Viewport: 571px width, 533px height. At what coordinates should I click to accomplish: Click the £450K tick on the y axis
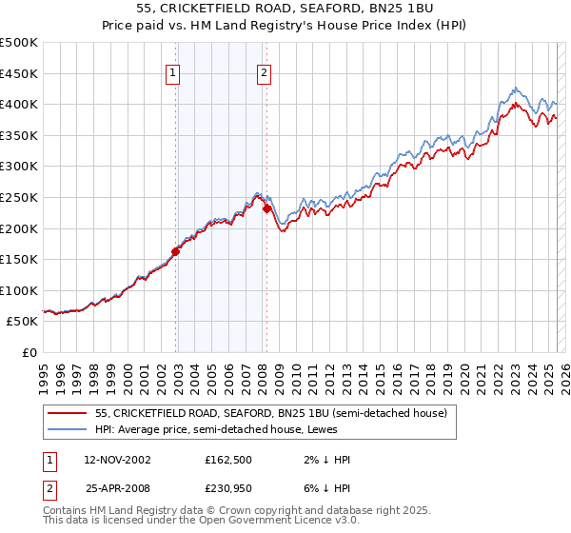pyautogui.click(x=19, y=73)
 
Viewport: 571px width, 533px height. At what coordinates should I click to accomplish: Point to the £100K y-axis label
pyautogui.click(x=19, y=290)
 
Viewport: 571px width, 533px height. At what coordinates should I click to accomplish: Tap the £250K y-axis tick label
pyautogui.click(x=19, y=197)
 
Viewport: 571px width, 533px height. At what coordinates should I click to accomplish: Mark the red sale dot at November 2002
pyautogui.click(x=176, y=252)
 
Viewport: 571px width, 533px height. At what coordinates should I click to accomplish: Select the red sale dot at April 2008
pyautogui.click(x=267, y=209)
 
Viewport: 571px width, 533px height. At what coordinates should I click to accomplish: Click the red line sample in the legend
pyautogui.click(x=66, y=414)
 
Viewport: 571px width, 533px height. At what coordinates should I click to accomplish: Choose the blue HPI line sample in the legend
pyautogui.click(x=66, y=430)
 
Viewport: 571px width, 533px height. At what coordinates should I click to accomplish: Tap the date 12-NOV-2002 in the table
pyautogui.click(x=117, y=459)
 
